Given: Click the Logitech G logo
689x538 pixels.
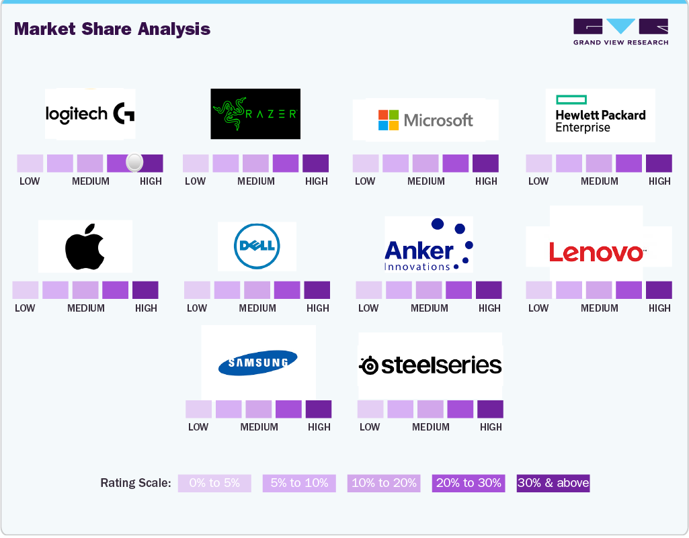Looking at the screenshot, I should (90, 114).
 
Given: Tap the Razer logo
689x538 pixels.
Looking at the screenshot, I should (255, 114).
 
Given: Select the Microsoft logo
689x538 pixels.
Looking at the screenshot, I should (425, 120).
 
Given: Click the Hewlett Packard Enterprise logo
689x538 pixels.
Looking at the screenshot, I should (600, 116).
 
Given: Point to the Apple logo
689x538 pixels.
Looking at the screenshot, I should (85, 246).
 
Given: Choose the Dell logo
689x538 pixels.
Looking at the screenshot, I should (257, 246).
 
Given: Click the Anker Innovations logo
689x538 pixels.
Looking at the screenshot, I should (428, 244).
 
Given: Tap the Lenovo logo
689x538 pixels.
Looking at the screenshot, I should (598, 253).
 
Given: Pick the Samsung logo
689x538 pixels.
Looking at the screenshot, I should (258, 363).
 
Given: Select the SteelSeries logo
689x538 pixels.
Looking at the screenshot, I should (431, 365).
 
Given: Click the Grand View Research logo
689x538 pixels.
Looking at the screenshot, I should (620, 32).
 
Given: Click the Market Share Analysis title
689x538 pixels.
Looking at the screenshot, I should (112, 29).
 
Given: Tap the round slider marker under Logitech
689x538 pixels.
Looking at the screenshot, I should (134, 162).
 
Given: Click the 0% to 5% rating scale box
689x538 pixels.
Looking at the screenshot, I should (214, 483).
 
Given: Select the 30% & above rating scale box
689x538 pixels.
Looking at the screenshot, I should (553, 483).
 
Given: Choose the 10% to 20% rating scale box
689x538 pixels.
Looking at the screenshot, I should (384, 483).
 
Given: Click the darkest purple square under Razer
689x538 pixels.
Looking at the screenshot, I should (315, 163).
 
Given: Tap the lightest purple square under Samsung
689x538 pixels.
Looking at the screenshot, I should (198, 409).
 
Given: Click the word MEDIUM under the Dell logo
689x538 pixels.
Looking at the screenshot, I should (257, 308).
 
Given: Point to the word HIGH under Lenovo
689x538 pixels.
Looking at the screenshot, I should (659, 308).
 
